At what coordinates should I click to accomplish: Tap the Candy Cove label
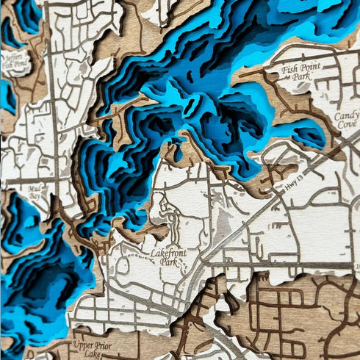tap(347, 120)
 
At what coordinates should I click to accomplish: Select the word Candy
tap(347, 116)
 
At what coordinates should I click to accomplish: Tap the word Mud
tap(35, 189)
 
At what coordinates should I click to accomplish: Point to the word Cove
tap(347, 126)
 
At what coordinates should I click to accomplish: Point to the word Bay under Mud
tap(35, 197)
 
